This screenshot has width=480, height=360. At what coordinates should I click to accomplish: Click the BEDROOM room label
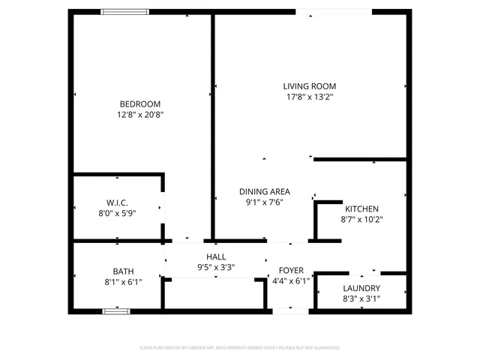click(140, 103)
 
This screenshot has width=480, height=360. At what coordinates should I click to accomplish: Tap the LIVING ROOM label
click(309, 85)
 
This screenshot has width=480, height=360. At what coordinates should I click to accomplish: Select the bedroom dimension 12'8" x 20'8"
click(140, 115)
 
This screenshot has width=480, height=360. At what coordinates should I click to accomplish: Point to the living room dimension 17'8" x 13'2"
click(309, 97)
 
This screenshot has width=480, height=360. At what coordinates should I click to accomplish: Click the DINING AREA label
click(265, 191)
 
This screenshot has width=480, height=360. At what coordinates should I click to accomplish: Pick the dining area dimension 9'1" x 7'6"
click(265, 202)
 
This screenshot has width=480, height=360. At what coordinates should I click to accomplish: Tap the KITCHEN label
click(361, 208)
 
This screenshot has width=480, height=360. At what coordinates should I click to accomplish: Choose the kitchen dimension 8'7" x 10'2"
click(361, 220)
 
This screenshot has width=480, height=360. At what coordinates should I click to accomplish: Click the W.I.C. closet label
click(116, 202)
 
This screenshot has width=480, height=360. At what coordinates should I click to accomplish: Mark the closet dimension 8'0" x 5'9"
click(116, 213)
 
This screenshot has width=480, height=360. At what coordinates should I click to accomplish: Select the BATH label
click(123, 271)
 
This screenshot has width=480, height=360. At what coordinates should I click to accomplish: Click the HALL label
click(216, 256)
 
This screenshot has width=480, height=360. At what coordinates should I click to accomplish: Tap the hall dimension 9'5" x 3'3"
click(216, 267)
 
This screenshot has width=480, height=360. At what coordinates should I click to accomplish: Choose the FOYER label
click(291, 270)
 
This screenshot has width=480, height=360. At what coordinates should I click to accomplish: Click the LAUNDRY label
click(361, 288)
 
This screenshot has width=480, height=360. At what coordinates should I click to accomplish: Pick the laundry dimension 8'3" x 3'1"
click(361, 298)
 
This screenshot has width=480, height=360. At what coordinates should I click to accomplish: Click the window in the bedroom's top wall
click(124, 11)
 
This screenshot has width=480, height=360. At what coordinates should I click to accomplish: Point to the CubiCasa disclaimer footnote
click(240, 348)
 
